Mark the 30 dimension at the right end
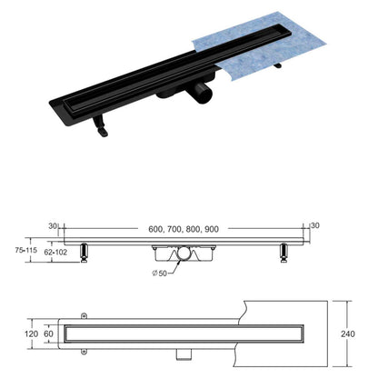tap(315, 226)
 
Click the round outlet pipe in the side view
tap(186, 258)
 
